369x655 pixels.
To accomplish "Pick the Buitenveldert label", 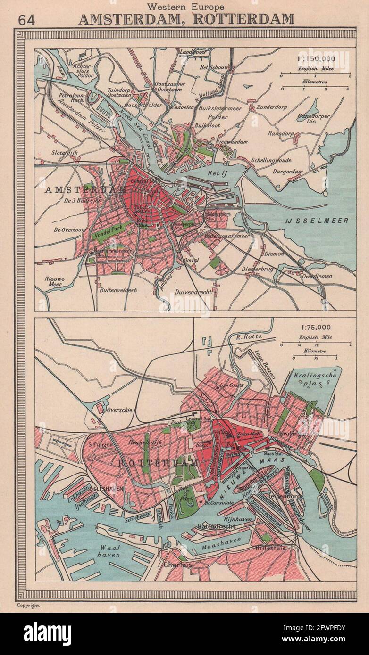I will click(118, 290).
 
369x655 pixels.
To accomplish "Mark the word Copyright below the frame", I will click(28, 606).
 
